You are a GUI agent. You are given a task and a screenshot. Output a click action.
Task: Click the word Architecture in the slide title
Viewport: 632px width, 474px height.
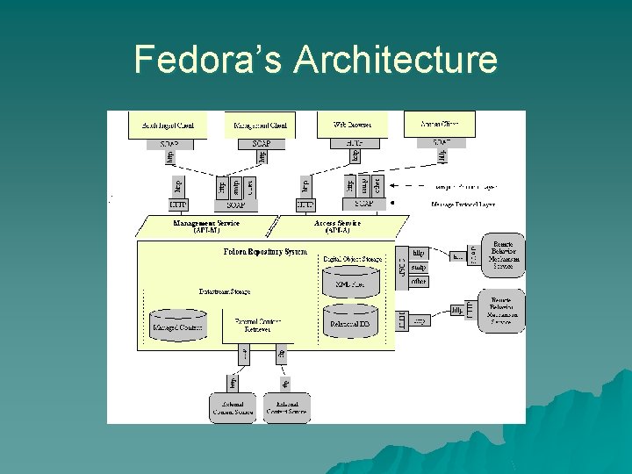tap(395, 60)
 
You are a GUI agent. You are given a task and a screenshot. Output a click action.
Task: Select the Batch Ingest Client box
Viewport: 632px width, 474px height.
tap(169, 125)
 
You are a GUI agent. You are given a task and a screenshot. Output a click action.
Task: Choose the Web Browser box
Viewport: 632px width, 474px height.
tap(351, 125)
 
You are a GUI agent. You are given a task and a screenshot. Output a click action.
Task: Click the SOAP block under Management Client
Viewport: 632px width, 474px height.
tap(261, 143)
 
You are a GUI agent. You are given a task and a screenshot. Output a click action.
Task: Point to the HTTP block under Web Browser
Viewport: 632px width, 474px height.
tap(353, 143)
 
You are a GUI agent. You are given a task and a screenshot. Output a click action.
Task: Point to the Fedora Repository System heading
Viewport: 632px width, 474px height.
tap(264, 252)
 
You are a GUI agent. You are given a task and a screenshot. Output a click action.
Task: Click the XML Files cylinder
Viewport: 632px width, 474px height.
tap(350, 282)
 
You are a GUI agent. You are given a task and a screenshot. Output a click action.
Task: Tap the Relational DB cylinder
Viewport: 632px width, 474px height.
tap(350, 322)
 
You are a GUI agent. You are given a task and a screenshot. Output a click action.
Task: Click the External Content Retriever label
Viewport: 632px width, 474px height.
tap(257, 326)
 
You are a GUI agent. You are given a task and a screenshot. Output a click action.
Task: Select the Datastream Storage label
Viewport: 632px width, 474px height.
tap(224, 291)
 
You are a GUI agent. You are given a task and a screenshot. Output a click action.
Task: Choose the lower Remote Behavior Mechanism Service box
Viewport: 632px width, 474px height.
tap(502, 311)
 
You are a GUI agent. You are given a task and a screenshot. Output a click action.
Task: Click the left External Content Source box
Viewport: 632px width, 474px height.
tap(232, 407)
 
